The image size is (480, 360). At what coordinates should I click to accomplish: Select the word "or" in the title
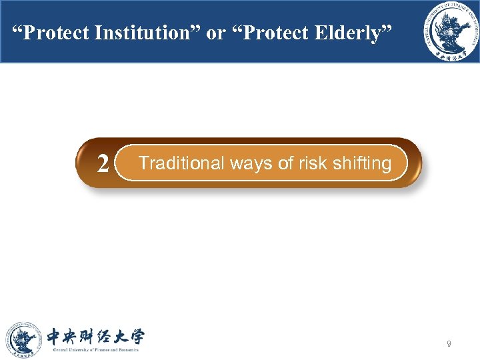[216, 33]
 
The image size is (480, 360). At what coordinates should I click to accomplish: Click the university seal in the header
[447, 32]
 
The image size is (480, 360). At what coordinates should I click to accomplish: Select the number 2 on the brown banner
[103, 163]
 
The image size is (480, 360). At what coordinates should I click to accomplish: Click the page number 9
[449, 344]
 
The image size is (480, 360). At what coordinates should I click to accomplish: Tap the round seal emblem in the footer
[24, 339]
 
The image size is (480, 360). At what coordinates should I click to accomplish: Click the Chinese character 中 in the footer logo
[56, 336]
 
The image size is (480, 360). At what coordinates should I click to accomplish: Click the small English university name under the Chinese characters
[95, 349]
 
